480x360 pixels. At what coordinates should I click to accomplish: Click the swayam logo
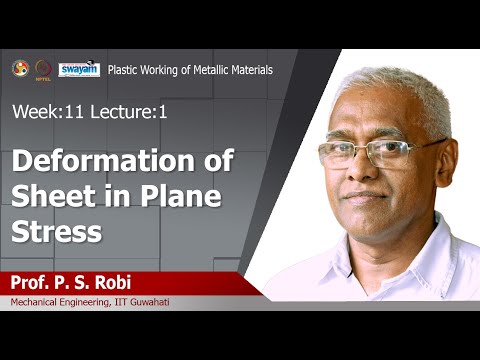78,69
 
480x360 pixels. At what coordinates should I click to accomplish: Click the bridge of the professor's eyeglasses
364,151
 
